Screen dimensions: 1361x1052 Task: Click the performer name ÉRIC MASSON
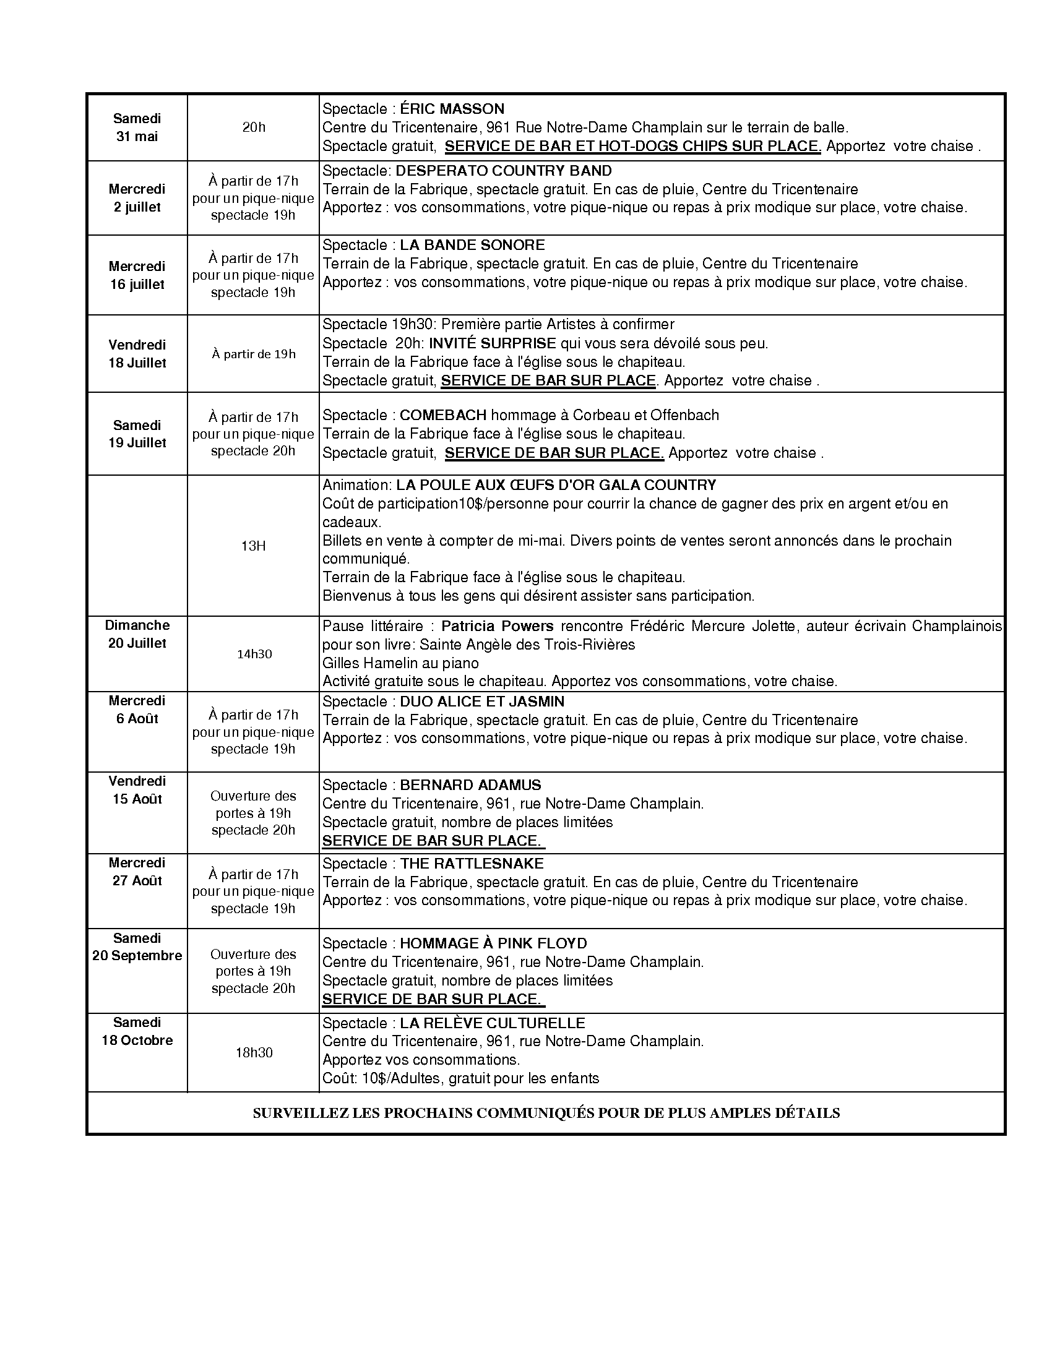coord(452,109)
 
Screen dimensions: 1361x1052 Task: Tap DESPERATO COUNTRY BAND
coord(504,171)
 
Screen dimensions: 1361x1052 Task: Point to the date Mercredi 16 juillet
coord(137,275)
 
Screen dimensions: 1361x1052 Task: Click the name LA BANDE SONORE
coord(472,245)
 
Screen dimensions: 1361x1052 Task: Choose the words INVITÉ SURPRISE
coord(493,343)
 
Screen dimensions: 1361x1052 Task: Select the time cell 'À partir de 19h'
coord(254,354)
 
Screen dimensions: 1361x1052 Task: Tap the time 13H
coord(254,546)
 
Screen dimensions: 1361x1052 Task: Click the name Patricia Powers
coord(498,625)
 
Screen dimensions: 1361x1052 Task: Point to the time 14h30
coord(254,655)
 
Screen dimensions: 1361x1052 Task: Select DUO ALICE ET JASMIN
coord(481,702)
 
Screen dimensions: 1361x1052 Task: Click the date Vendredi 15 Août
coord(137,790)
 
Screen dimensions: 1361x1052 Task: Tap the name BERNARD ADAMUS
coord(470,785)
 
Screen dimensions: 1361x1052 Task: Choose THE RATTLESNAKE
coord(472,864)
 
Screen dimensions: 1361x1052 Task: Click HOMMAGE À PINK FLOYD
coord(494,943)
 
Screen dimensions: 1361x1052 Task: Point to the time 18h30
coord(254,1052)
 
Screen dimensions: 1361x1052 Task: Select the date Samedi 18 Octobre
coord(137,1031)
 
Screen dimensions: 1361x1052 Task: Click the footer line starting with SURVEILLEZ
coord(546,1113)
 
